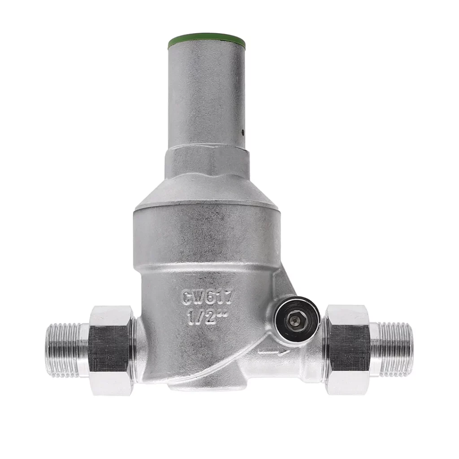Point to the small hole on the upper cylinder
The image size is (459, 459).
[x=242, y=132]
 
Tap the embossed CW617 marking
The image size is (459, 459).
[x=208, y=296]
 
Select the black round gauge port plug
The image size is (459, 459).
[x=297, y=320]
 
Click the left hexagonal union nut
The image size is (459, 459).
[x=113, y=351]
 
